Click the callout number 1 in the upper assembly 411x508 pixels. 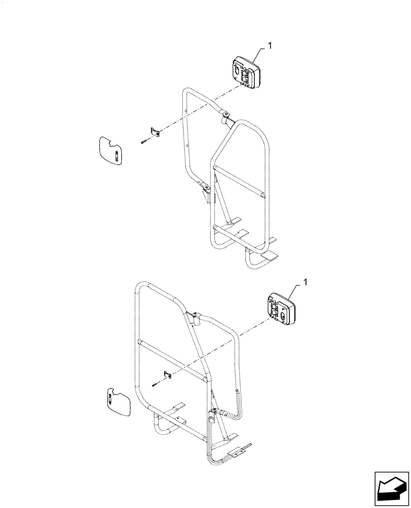[x=270, y=46]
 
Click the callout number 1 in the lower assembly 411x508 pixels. [x=305, y=281]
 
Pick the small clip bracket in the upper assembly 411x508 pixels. [x=155, y=132]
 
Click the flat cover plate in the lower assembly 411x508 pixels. [x=119, y=402]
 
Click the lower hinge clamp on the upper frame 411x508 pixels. [x=205, y=190]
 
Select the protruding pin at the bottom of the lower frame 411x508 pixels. [x=248, y=447]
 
